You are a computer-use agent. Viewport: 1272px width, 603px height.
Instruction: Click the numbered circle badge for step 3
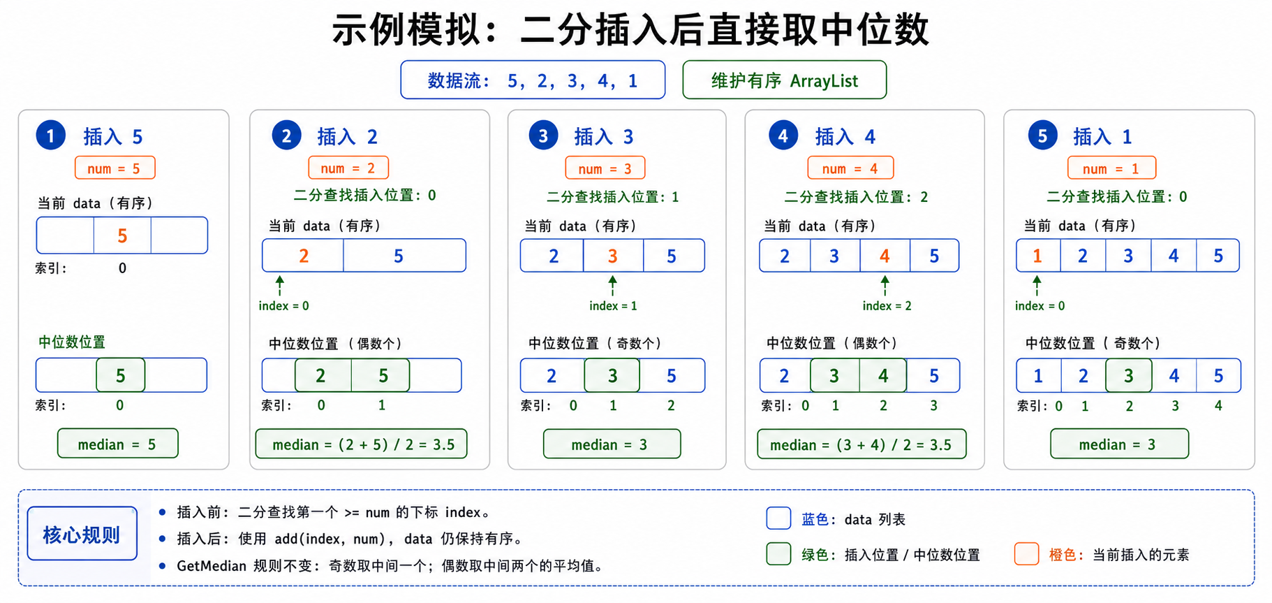pyautogui.click(x=543, y=136)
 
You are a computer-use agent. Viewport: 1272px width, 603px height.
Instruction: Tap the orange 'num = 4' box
pyautogui.click(x=850, y=168)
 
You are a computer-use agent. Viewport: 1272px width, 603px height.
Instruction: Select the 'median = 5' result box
pyautogui.click(x=117, y=444)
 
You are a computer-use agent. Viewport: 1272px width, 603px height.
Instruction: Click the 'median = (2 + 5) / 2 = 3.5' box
pyautogui.click(x=361, y=444)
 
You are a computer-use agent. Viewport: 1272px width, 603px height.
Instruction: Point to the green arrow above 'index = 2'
pyautogui.click(x=885, y=285)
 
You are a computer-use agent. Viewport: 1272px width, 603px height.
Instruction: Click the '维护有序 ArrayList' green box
pyautogui.click(x=784, y=80)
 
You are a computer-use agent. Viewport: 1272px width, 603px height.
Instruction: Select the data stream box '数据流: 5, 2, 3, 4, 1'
pyautogui.click(x=532, y=80)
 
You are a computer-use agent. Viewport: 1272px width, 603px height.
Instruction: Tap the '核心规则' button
pyautogui.click(x=82, y=534)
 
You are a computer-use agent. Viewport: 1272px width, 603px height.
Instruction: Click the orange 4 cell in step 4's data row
pyautogui.click(x=885, y=256)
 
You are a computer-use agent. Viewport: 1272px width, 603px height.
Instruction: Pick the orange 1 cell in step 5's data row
pyautogui.click(x=1037, y=256)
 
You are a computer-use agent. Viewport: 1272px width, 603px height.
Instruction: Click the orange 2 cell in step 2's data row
pyautogui.click(x=303, y=256)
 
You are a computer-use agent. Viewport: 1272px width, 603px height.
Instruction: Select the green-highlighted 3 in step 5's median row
pyautogui.click(x=1128, y=376)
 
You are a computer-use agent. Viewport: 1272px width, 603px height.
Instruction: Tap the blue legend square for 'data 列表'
pyautogui.click(x=778, y=518)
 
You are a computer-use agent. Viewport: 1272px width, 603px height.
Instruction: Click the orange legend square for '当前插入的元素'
pyautogui.click(x=1026, y=554)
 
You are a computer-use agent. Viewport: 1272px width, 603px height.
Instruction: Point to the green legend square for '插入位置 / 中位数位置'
pyautogui.click(x=778, y=554)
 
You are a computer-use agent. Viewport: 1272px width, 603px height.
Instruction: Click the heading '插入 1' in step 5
pyautogui.click(x=1102, y=136)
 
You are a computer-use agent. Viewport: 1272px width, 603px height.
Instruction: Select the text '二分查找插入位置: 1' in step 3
pyautogui.click(x=612, y=197)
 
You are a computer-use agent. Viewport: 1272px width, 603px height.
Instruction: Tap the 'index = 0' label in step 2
pyautogui.click(x=283, y=305)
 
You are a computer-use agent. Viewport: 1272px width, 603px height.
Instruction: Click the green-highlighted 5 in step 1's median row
pyautogui.click(x=120, y=376)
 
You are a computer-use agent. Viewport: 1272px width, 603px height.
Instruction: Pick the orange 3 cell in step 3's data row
pyautogui.click(x=612, y=256)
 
